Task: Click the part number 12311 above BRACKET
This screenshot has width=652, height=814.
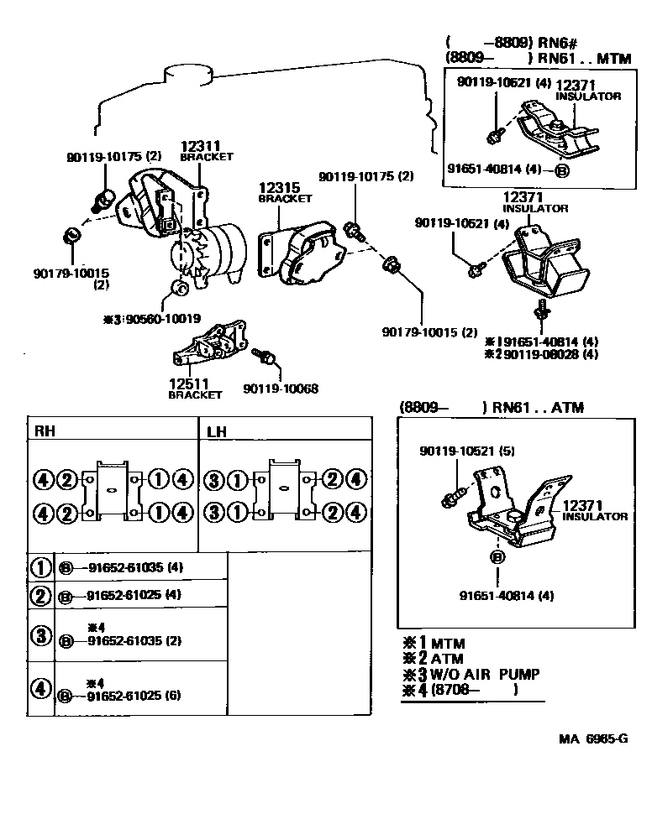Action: pos(200,146)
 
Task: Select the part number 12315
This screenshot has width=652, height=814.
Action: pos(279,187)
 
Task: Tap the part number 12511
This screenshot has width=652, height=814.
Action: pos(189,384)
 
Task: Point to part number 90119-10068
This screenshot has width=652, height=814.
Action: pos(281,389)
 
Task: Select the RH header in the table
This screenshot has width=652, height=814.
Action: pos(45,430)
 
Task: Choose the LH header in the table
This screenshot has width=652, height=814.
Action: pos(216,431)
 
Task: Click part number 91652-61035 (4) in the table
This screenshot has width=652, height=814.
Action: pos(135,567)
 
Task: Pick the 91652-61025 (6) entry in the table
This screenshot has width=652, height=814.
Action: pos(134,695)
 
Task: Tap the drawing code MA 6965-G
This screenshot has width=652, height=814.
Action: pos(593,738)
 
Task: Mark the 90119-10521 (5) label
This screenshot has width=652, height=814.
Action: pos(467,451)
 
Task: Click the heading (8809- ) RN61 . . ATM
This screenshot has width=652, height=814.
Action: pos(492,407)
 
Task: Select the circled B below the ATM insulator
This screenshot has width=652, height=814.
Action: pos(497,557)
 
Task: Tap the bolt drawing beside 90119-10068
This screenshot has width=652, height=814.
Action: pos(264,355)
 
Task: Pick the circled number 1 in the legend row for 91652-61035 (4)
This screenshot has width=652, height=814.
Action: pos(40,567)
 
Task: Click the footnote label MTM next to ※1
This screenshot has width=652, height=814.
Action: pos(448,644)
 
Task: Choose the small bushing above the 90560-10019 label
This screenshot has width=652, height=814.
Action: pos(179,287)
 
